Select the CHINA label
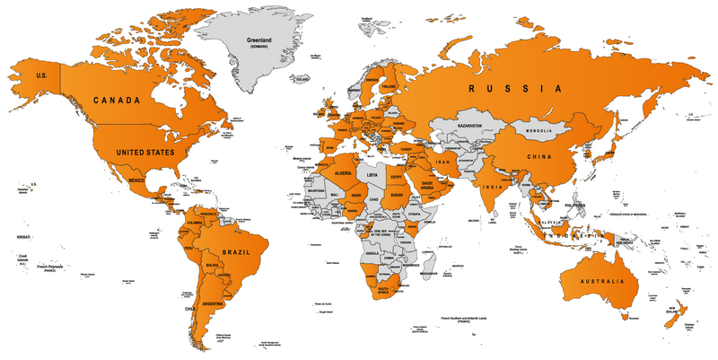(538, 158)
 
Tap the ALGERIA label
(343, 172)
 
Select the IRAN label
(443, 161)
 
